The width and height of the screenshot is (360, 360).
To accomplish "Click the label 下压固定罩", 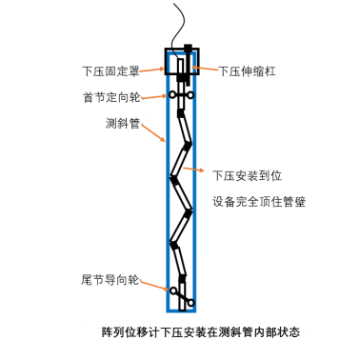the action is point(110,71).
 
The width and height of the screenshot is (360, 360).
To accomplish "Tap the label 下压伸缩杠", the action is point(247,71).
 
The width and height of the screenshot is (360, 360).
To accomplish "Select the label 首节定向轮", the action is point(111,97).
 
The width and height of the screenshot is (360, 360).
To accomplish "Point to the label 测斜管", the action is point(123,123).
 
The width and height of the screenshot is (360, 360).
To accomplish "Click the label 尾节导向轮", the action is point(110,280).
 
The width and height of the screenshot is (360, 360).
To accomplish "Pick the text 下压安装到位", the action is point(248,175).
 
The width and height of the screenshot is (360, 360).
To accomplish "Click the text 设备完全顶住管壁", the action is point(259,202).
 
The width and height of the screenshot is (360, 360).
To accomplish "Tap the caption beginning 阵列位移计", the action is point(201,332).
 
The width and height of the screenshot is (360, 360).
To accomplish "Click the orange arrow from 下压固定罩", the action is point(152,70).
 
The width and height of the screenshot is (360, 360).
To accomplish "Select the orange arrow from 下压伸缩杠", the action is point(205,69).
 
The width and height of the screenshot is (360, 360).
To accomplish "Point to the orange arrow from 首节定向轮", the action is point(153,97).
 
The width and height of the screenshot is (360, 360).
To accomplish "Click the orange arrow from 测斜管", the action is point(153,133).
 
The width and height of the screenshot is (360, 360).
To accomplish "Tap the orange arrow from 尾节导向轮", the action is point(154,286).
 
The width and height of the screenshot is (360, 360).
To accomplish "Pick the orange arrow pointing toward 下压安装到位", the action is point(194,170).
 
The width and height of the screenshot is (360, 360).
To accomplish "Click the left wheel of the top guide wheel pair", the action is point(172,94).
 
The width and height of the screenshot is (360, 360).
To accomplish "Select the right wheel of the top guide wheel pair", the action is point(190,94).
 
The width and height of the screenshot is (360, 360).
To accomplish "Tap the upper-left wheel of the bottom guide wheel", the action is point(173,290).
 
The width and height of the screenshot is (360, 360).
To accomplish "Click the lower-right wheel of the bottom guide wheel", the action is point(190,303).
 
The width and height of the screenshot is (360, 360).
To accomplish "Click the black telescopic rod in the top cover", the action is point(188,65).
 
